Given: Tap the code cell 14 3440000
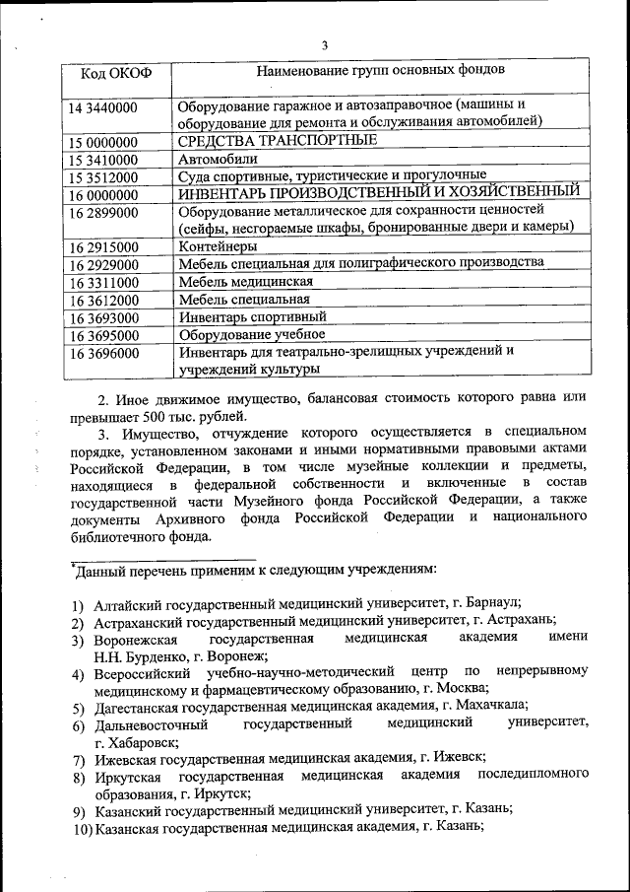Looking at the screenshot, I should click(x=103, y=106).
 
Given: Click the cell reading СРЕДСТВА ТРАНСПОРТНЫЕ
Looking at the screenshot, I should click(x=264, y=141).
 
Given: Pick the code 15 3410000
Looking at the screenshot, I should click(x=103, y=160).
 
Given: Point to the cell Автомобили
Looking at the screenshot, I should click(x=218, y=159).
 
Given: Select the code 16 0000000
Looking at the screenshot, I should click(x=103, y=195).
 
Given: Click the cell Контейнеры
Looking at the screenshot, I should click(x=218, y=246).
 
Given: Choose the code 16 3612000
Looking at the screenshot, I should click(x=103, y=300).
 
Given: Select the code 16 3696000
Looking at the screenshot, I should click(x=103, y=353).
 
